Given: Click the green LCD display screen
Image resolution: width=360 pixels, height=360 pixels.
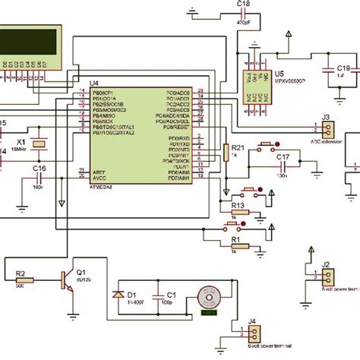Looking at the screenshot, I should click(27, 44).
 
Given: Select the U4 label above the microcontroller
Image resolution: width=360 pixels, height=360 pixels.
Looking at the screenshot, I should click(95, 83).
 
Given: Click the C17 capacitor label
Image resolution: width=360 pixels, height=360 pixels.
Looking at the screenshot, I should click(283, 157).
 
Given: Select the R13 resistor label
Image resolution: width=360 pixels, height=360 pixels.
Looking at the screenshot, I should click(237, 206).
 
